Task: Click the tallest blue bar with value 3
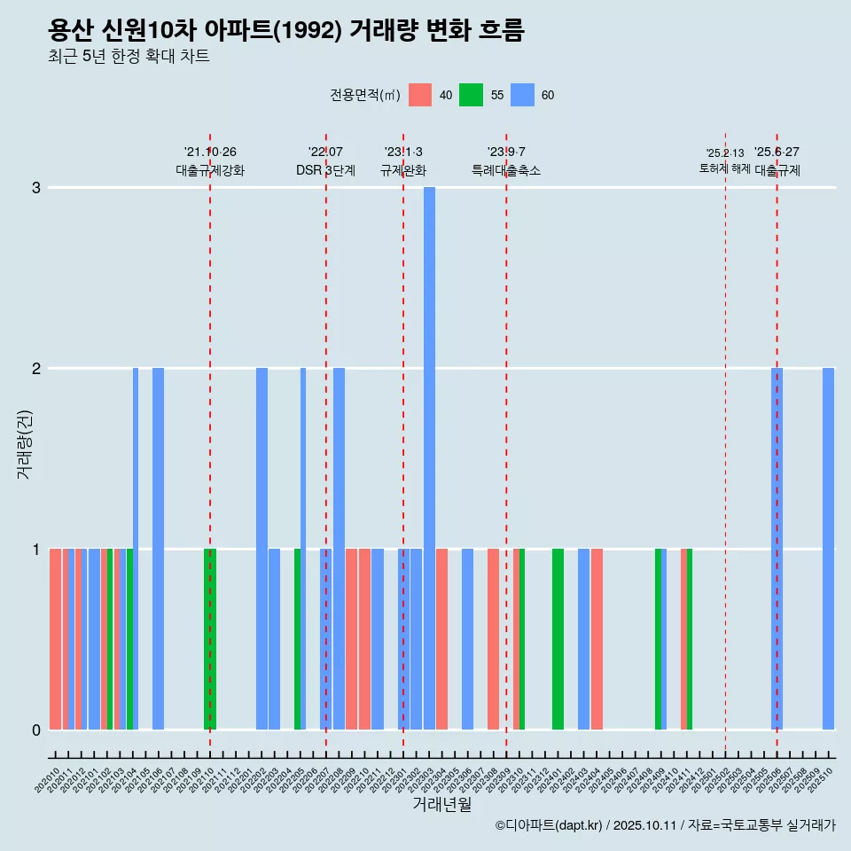point(429,457)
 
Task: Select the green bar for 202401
point(558,638)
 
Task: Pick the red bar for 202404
point(597,638)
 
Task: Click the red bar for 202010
point(55,638)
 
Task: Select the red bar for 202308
point(493,638)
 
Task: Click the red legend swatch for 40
point(420,95)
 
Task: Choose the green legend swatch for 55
point(471,95)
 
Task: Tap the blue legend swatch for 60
point(523,95)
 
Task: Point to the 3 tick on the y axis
point(36,187)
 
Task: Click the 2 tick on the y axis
point(36,368)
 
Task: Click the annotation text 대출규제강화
point(210,170)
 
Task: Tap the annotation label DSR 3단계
point(325,170)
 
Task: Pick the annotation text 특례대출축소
point(506,170)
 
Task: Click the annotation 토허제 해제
point(724,168)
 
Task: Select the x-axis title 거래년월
point(441,804)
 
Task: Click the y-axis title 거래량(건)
point(25,443)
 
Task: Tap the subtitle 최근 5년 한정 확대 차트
point(129,57)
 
